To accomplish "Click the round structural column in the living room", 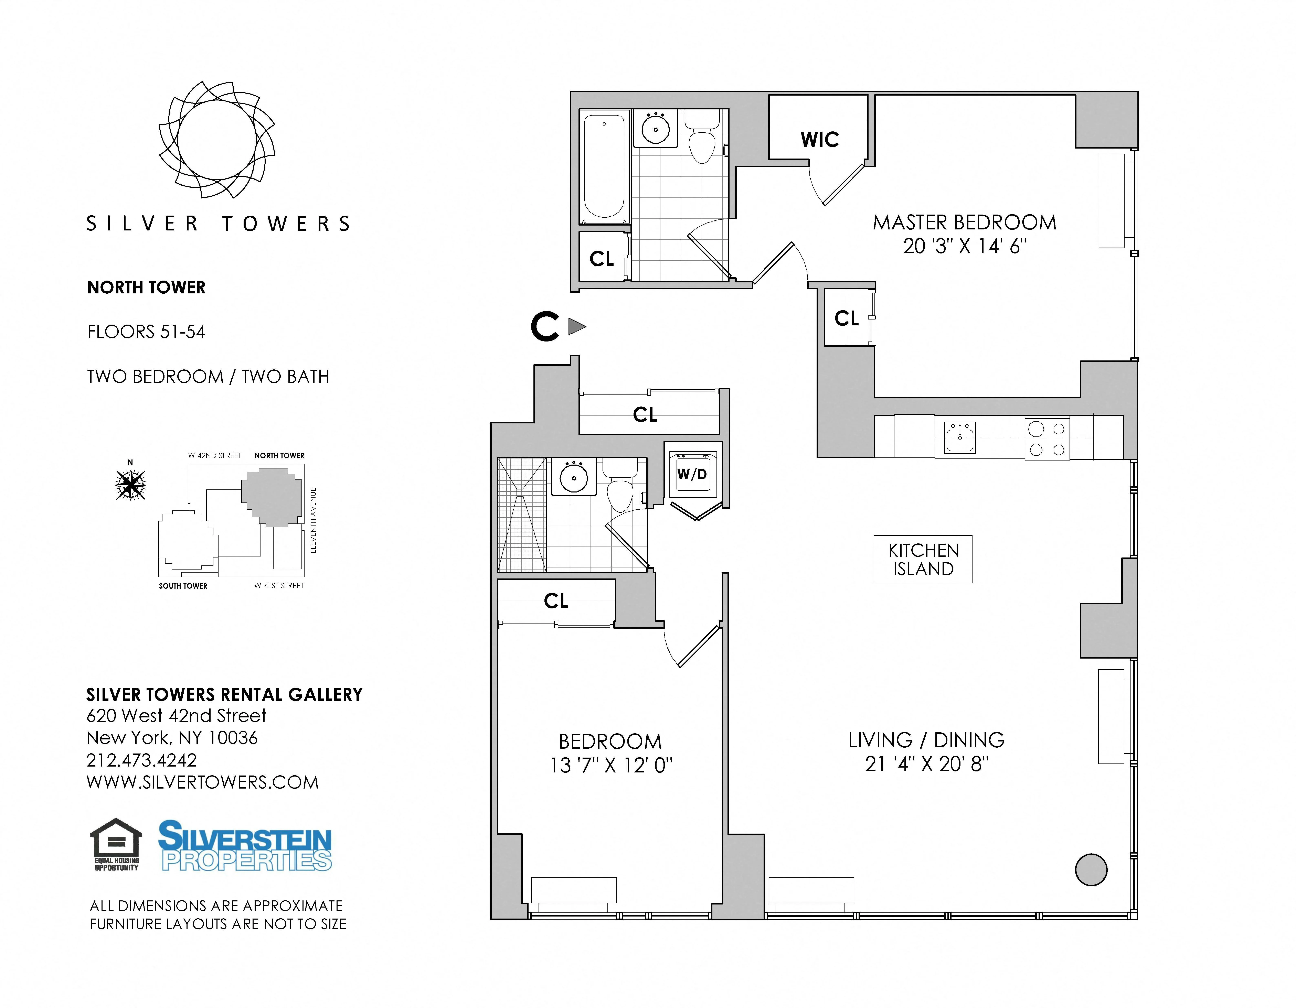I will coord(1091,870).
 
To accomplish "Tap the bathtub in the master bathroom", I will coord(604,166).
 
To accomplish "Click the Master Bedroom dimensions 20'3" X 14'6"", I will coord(964,246).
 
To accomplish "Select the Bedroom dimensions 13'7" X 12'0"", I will coord(611,765).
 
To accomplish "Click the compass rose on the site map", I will coord(130,485).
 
